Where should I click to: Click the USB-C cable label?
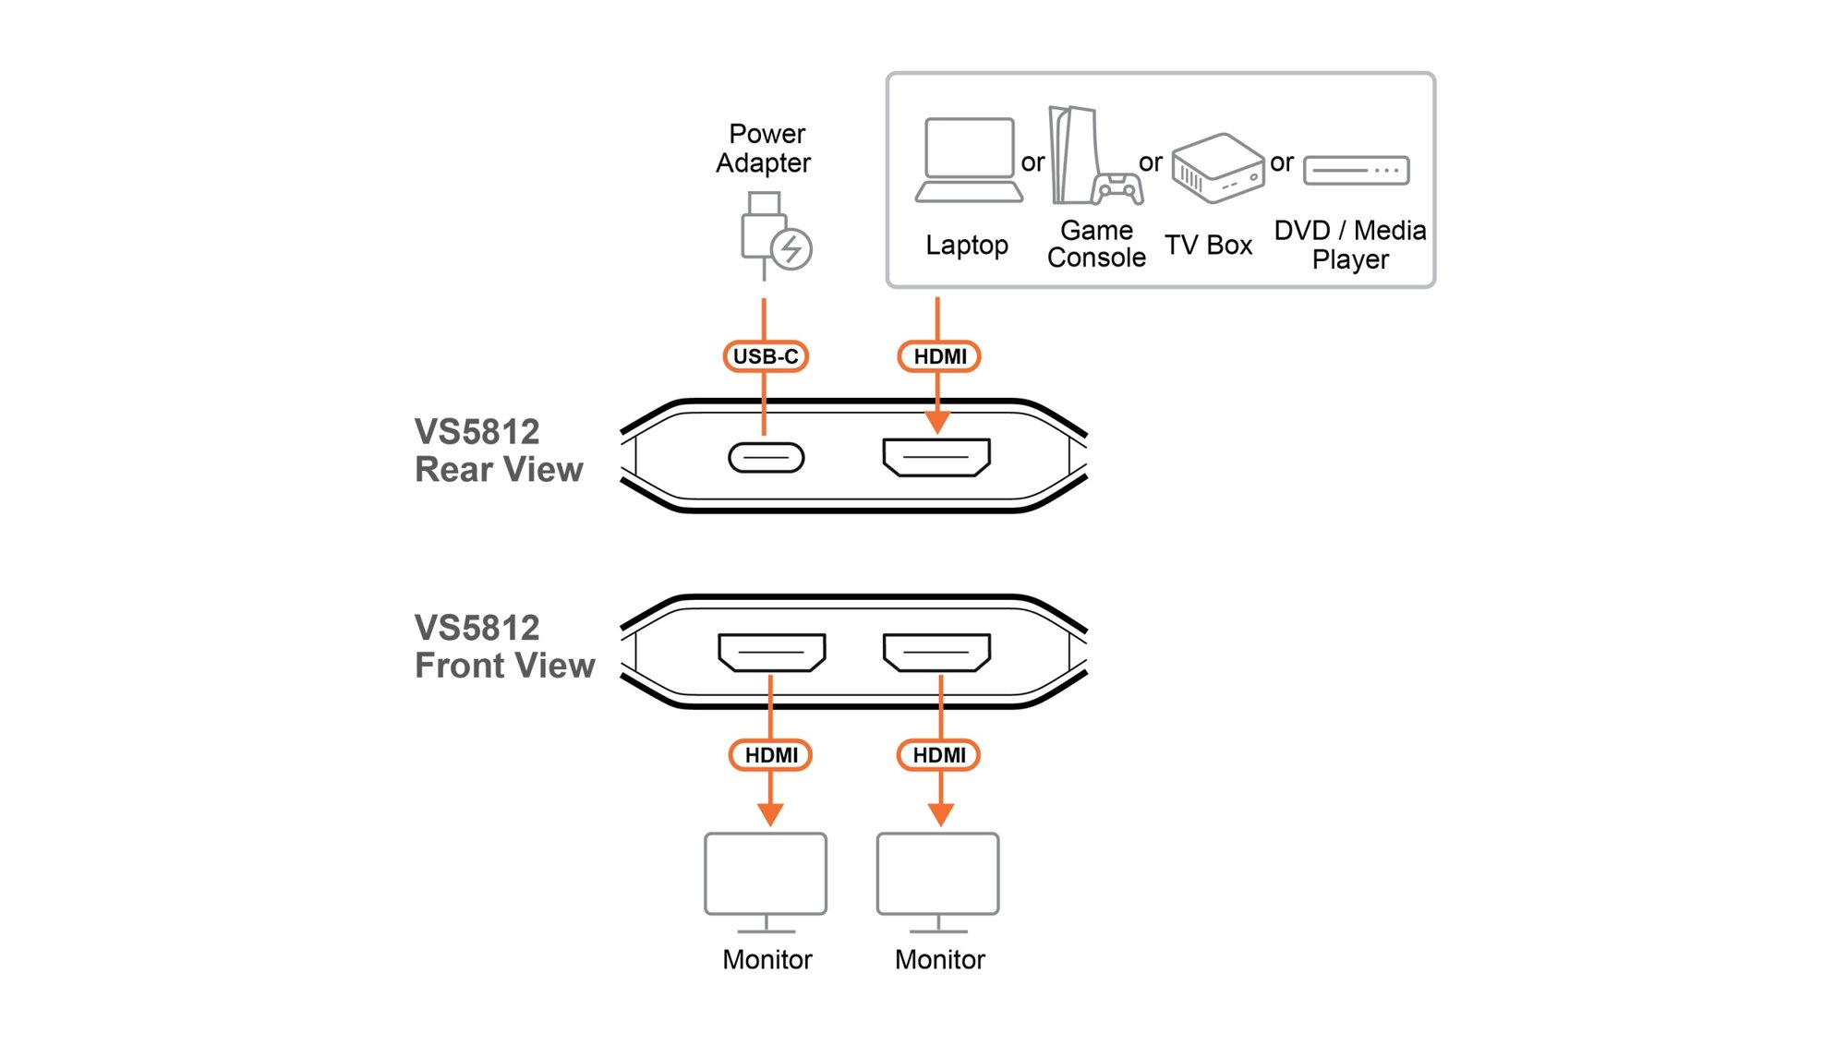click(x=766, y=356)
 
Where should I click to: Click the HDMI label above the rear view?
click(x=939, y=356)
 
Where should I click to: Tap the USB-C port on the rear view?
click(x=767, y=458)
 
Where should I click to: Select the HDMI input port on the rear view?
click(x=936, y=457)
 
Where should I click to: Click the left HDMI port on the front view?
click(x=772, y=653)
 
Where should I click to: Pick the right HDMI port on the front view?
click(x=936, y=653)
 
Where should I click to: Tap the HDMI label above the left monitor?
click(x=770, y=755)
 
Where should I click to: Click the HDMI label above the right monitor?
click(x=938, y=755)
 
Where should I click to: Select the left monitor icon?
click(x=766, y=883)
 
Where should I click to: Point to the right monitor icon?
click(x=938, y=883)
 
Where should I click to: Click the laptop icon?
click(x=969, y=160)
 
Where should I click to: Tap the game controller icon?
click(x=1117, y=188)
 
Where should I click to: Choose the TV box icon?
click(x=1218, y=167)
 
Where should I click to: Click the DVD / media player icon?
click(x=1357, y=171)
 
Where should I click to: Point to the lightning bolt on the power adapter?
click(x=791, y=248)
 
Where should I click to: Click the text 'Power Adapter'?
click(x=764, y=149)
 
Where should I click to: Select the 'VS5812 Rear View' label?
click(x=499, y=450)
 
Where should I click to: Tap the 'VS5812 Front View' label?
click(x=504, y=646)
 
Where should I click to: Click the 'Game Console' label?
click(x=1096, y=244)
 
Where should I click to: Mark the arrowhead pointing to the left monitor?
click(x=770, y=814)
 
